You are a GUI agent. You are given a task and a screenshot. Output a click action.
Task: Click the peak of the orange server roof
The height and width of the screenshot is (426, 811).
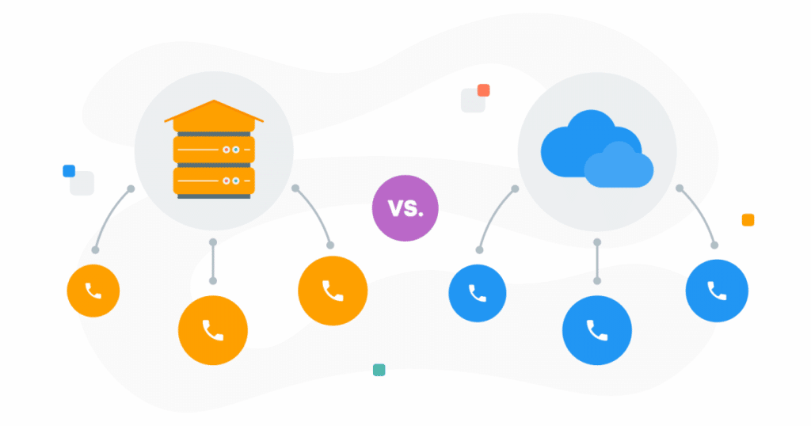[x=214, y=101]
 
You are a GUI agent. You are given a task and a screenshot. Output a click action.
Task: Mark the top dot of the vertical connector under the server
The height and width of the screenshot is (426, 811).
[x=213, y=242]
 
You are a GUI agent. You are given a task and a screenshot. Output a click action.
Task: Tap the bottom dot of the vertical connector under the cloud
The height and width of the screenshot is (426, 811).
[x=597, y=281]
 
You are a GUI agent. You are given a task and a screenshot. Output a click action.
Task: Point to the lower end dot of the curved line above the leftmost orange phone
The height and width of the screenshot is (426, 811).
[x=95, y=250]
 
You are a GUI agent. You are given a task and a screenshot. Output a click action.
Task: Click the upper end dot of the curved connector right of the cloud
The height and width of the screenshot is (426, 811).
[x=680, y=188]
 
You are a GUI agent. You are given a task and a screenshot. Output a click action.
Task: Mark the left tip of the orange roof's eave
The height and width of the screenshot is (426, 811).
[x=165, y=121]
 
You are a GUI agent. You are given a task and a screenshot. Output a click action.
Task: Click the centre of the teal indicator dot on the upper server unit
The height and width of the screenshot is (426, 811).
[x=236, y=150]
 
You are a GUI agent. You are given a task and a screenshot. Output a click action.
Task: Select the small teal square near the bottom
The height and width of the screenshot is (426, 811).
[x=379, y=370]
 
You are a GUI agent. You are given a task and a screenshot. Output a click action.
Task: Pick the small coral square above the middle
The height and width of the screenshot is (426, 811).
[x=484, y=90]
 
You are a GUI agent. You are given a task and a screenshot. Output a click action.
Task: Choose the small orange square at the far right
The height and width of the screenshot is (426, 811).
[x=748, y=219]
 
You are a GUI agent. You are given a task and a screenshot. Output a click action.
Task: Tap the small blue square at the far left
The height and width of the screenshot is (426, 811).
[x=69, y=170]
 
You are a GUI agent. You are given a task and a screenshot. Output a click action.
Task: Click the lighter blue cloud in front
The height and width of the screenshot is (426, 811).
[x=619, y=165]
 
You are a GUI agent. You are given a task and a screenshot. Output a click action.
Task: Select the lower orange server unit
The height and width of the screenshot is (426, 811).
[x=214, y=181]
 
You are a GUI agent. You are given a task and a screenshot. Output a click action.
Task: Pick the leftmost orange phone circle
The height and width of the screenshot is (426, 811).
[x=93, y=291]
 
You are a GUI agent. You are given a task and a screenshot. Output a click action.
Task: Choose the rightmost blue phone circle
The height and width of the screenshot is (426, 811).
[x=717, y=291]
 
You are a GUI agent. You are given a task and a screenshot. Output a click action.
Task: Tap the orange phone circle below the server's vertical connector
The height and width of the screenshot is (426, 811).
[x=213, y=330]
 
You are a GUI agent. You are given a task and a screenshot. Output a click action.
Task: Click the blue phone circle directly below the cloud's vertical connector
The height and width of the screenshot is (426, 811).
[x=597, y=330]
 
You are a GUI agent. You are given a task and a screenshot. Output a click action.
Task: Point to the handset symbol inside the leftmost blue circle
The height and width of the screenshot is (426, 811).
[x=477, y=293]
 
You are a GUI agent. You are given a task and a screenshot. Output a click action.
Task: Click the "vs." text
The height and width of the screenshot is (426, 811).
[x=405, y=208]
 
